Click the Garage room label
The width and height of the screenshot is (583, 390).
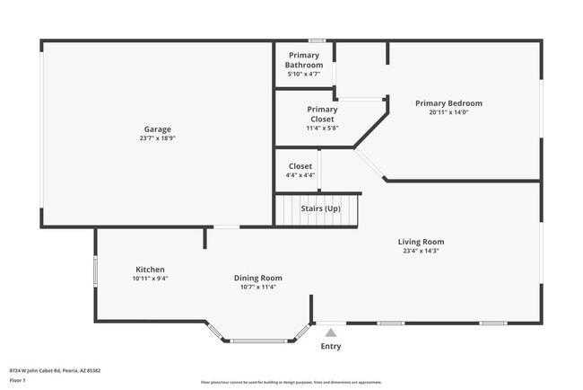tap(158, 129)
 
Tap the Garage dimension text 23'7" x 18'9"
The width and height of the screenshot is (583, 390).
tap(158, 139)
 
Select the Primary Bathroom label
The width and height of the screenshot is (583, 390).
tap(304, 60)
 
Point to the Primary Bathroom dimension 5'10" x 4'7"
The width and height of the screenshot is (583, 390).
tap(304, 74)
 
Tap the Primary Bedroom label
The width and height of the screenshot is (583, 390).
tap(448, 103)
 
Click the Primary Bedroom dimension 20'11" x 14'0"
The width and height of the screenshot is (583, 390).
tap(448, 112)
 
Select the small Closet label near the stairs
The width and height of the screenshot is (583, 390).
tap(300, 166)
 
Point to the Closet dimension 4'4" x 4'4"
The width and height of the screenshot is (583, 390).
tap(300, 175)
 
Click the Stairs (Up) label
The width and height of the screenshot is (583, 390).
tap(320, 208)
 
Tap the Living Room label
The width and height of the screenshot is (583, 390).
tap(421, 242)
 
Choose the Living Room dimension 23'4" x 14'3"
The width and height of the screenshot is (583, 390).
tap(421, 251)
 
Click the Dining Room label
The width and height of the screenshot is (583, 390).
tap(258, 278)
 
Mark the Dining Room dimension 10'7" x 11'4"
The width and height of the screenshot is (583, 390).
tap(258, 288)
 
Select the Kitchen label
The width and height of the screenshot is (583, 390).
tap(150, 270)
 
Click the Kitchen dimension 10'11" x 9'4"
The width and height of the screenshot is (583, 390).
tap(150, 279)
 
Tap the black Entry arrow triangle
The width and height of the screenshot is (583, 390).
tap(331, 333)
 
